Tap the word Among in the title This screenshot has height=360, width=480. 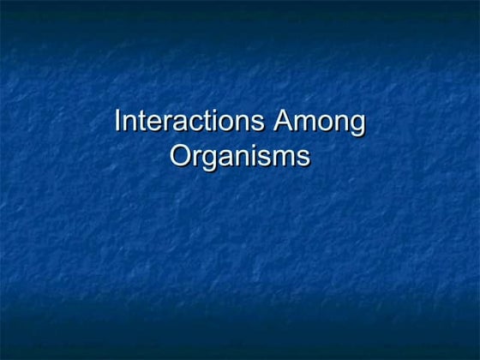click(x=320, y=122)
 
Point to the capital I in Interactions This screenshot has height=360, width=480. click(x=118, y=122)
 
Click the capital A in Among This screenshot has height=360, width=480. click(x=284, y=122)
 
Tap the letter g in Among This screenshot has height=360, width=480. click(x=357, y=125)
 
